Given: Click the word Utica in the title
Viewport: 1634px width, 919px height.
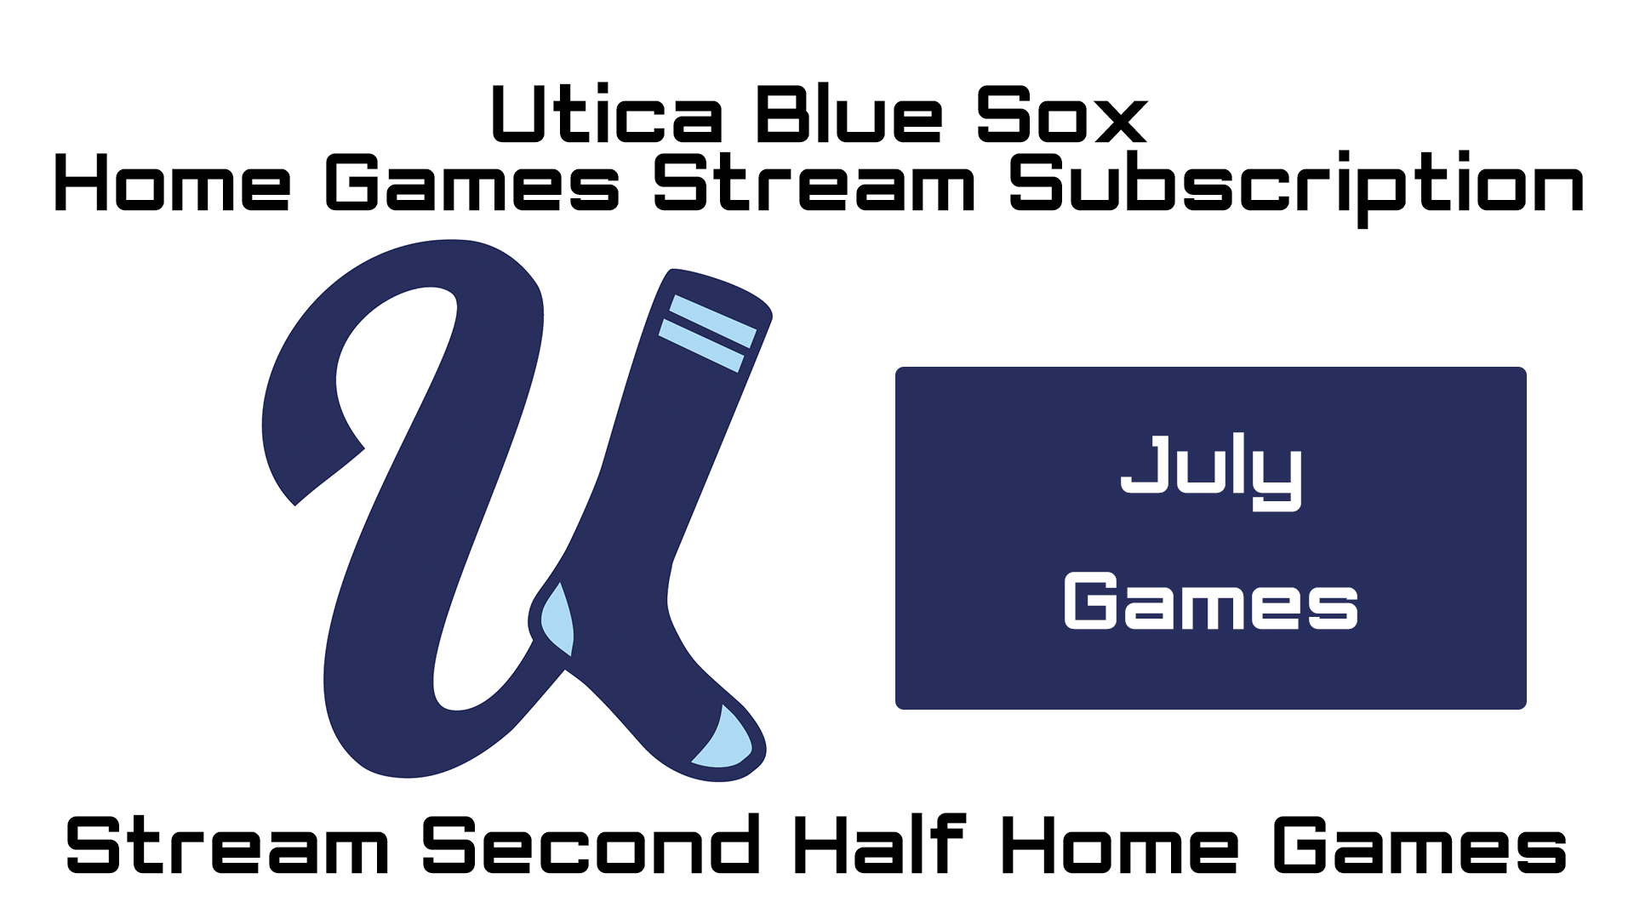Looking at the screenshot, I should pos(607,115).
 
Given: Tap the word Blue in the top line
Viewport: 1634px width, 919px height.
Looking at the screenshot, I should pos(848,115).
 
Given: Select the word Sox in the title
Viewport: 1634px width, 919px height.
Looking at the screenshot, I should pos(1061,115).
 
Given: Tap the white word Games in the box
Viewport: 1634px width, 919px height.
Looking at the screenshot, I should pos(1210,602).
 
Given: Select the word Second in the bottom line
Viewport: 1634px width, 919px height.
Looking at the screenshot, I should pos(591,846).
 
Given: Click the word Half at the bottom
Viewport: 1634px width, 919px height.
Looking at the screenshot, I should pos(880,846).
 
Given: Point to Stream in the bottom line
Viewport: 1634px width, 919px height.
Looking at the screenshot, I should pos(227,846).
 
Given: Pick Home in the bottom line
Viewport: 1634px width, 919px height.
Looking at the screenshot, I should pos(1119,846).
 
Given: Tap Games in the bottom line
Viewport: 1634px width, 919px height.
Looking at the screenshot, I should pos(1420,846).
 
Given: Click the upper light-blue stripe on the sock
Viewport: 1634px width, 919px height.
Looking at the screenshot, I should pos(713,321).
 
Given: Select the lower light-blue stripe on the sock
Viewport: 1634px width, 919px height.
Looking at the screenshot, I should pos(701,345).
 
